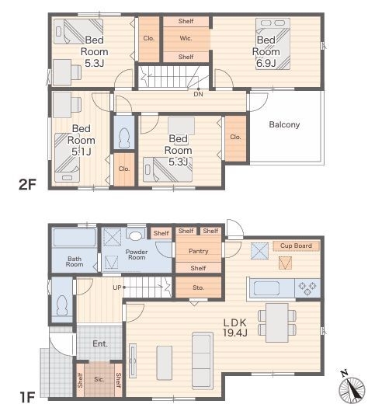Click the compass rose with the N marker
coord(352,389)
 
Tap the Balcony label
coord(284,124)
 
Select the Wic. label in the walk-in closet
coord(186,38)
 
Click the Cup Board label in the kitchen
coord(296,246)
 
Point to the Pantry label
coord(199,251)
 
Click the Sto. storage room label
coord(198,287)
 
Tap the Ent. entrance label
coord(100,343)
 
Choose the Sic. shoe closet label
coord(99,379)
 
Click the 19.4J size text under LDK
coord(235,333)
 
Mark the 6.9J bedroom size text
coord(266,64)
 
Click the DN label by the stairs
coord(198,94)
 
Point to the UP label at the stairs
coord(117,287)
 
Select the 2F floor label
coord(27,184)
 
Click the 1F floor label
coord(27,398)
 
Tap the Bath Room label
coord(75,262)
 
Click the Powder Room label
coord(137,255)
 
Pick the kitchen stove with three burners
coord(307,288)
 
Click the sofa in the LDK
coord(203,361)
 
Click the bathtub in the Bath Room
coord(75,238)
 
